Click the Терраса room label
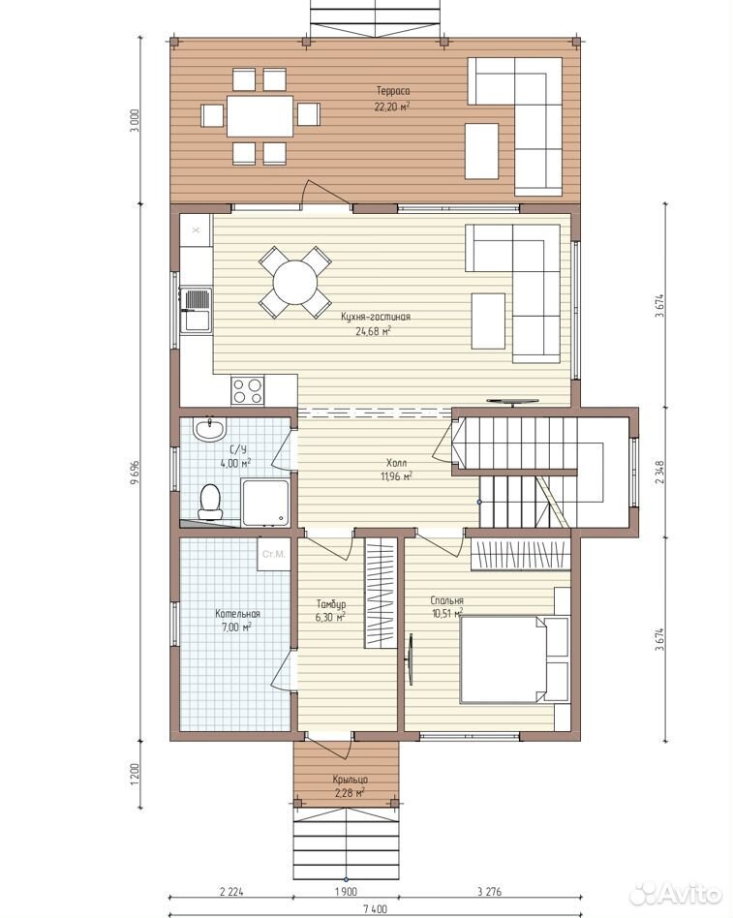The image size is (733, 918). click(393, 91)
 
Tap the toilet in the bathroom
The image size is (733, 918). click(209, 503)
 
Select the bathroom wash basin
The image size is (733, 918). click(209, 430)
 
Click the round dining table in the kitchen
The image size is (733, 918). click(295, 282)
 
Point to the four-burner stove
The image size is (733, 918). click(247, 390)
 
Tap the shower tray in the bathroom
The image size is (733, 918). click(266, 503)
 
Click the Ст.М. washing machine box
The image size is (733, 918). click(273, 554)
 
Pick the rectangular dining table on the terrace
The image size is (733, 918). click(260, 115)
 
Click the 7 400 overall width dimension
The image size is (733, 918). click(375, 909)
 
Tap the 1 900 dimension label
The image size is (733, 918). click(346, 892)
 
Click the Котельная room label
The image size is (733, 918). click(237, 614)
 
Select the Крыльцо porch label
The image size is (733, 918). click(351, 780)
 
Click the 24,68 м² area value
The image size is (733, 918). click(373, 331)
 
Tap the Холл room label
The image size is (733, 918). click(396, 462)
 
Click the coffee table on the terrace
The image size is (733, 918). click(482, 151)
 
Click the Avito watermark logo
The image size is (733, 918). click(675, 894)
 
